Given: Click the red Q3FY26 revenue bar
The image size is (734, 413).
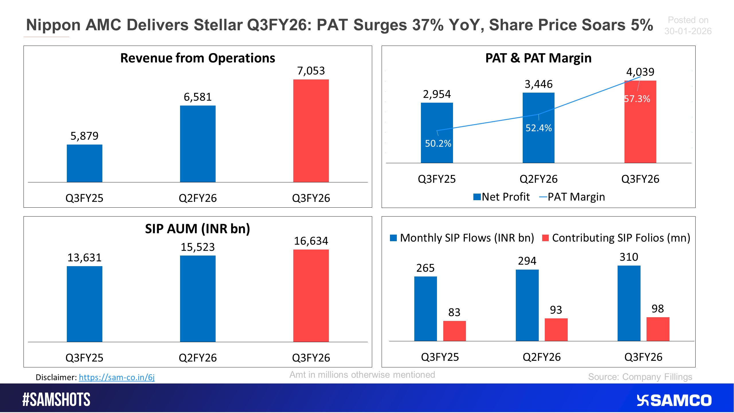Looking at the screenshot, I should [311, 131].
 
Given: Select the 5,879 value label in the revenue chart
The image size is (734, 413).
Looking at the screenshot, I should [84, 136].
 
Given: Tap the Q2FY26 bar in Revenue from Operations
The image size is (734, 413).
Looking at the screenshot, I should [198, 144].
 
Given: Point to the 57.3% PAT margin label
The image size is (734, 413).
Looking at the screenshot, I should [637, 99].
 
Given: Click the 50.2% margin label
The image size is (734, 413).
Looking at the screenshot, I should [438, 143].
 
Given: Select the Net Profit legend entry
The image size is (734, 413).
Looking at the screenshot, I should [502, 197].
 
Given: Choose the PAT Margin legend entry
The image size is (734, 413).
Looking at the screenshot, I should [572, 197].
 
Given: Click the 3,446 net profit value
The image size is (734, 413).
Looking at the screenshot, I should [538, 84].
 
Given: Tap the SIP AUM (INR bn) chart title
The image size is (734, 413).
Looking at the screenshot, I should [198, 229].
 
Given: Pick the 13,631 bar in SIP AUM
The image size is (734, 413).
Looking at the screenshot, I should [84, 304].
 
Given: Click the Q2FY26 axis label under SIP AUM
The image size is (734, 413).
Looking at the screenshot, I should [198, 358].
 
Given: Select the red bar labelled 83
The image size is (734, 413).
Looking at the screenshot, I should [454, 331].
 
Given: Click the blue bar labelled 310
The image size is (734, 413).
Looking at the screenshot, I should [629, 303].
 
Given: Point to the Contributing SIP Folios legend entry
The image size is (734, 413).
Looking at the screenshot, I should [616, 238].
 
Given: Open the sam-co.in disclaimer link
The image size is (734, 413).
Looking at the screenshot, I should [117, 377].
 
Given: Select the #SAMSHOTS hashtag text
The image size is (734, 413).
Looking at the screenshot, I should [56, 400].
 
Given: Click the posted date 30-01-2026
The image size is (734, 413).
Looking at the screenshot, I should [688, 31].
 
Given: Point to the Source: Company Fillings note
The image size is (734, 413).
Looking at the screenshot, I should [640, 377].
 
